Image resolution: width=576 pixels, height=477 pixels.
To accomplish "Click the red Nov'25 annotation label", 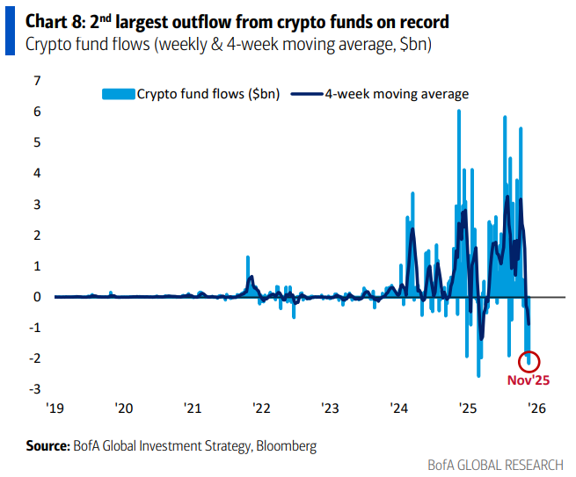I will tap(529, 381).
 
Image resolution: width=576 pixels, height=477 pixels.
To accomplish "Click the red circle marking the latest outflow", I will tap(530, 360).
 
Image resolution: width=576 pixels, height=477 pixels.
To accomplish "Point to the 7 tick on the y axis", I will tap(38, 81).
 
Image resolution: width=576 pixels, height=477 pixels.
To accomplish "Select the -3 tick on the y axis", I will tap(36, 389).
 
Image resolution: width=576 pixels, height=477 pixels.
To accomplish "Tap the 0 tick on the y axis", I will tap(38, 297).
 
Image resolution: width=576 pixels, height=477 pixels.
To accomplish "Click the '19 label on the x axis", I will tap(55, 408).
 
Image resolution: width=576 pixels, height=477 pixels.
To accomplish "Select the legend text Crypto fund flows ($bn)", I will tap(208, 93).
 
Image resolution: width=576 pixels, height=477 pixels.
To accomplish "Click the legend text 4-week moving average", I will tap(397, 93).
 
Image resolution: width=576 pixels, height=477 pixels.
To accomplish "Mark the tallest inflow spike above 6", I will tap(459, 112).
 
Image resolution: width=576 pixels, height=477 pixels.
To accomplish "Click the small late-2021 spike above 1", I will tap(248, 257).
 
